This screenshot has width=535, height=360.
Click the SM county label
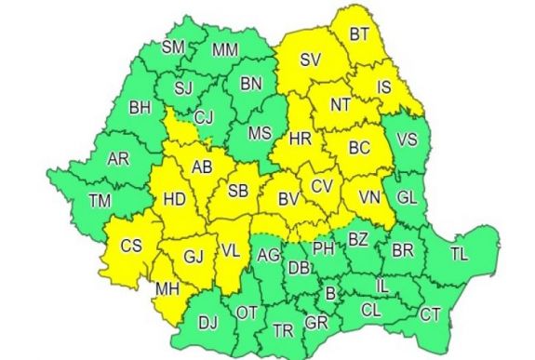tap(173, 47)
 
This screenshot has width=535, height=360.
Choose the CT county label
tap(430, 315)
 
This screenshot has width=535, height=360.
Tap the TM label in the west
tap(99, 200)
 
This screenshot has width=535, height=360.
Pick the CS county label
tap(131, 247)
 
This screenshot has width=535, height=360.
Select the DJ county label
tap(207, 324)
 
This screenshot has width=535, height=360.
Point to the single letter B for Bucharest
tap(329, 294)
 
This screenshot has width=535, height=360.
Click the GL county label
tap(407, 197)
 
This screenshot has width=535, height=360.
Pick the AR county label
tap(118, 159)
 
